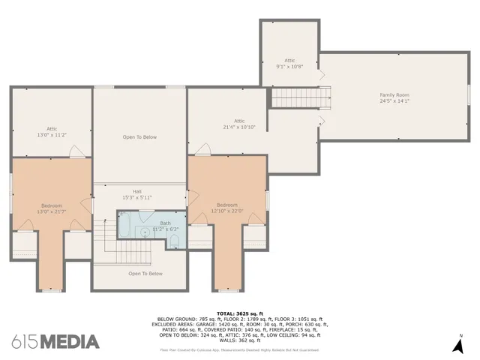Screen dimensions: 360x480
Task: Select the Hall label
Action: click(137, 190)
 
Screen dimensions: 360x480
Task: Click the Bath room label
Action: click(165, 223)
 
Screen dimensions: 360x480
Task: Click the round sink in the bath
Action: click(145, 232)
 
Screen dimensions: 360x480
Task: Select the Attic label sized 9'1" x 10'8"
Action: click(289, 60)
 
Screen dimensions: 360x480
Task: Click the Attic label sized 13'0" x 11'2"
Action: click(52, 128)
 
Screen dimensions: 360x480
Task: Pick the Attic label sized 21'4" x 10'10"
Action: click(239, 121)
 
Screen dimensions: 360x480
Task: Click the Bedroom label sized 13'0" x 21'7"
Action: click(52, 205)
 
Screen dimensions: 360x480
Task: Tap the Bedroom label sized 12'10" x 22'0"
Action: click(227, 205)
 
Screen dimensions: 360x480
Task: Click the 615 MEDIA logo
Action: click(55, 342)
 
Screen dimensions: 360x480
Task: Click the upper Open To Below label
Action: click(139, 137)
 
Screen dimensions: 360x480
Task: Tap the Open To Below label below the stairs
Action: click(145, 274)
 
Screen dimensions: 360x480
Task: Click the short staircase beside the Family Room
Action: click(300, 97)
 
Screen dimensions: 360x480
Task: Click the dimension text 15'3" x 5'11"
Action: click(137, 197)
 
